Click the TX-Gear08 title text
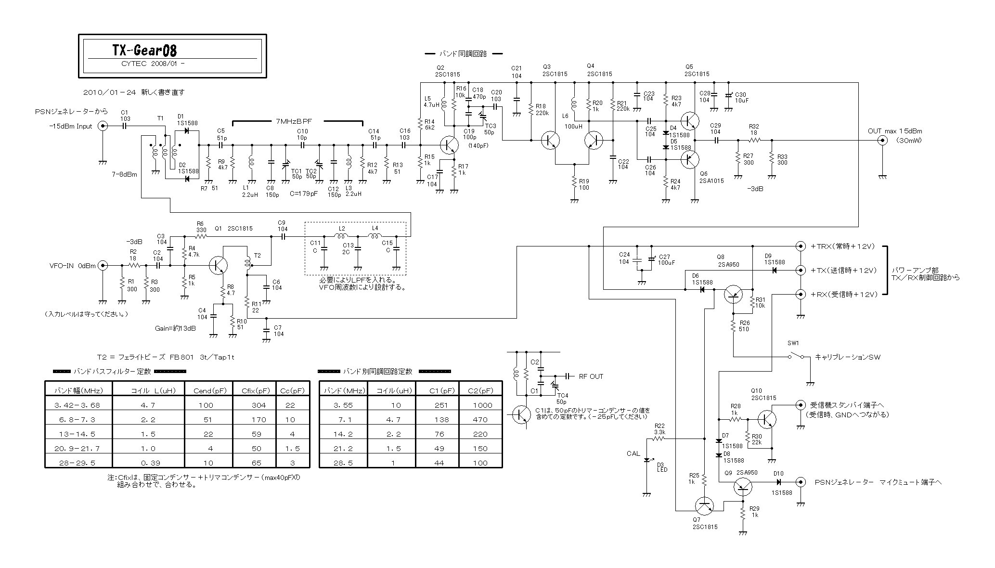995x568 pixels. click(144, 50)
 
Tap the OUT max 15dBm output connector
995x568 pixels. click(882, 141)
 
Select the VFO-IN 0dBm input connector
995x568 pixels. click(102, 265)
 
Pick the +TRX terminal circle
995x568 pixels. click(801, 246)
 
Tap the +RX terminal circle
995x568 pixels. click(801, 294)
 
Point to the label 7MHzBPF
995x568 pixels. click(294, 121)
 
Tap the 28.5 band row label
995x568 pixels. click(343, 463)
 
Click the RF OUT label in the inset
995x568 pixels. click(591, 376)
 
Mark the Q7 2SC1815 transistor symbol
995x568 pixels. click(705, 505)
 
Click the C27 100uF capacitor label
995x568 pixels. click(667, 259)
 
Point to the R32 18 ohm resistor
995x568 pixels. click(754, 140)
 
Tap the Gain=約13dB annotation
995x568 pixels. click(175, 328)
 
